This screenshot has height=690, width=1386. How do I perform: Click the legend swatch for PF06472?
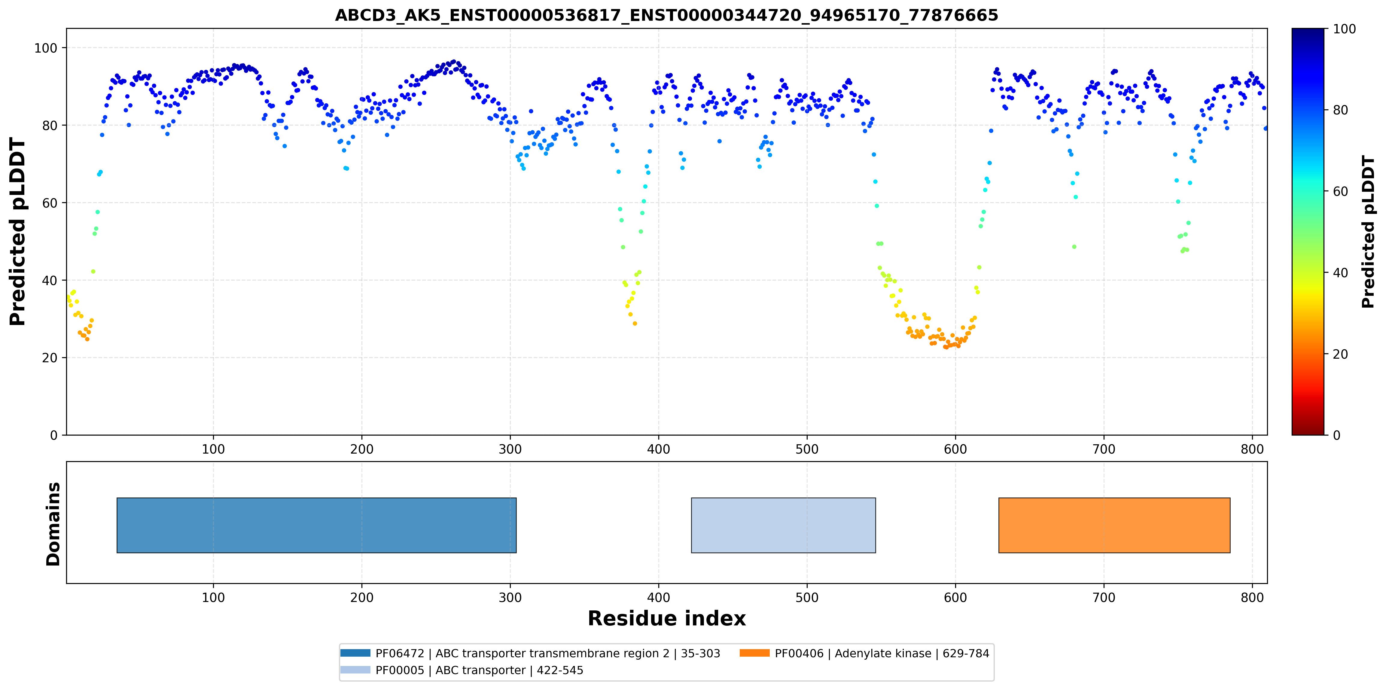[355, 653]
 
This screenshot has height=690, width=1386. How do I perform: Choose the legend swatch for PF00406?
[754, 653]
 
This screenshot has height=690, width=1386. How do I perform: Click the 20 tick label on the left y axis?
[50, 358]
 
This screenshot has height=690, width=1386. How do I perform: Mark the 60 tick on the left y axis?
[50, 203]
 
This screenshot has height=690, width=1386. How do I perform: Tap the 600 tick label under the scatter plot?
[955, 449]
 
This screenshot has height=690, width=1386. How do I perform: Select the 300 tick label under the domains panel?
[510, 597]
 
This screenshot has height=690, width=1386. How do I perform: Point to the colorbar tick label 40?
[1340, 273]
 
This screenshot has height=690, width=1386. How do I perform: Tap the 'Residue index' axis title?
[667, 619]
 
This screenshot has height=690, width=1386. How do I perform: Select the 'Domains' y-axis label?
[53, 524]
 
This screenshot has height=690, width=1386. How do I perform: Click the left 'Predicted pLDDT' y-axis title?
[18, 232]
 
